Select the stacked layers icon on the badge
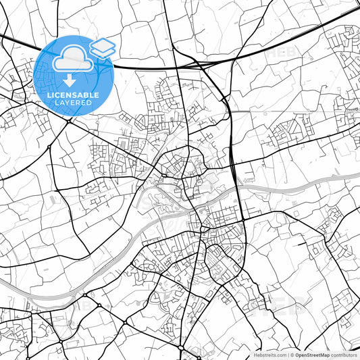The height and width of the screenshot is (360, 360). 103,49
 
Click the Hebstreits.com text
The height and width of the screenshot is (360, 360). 268,355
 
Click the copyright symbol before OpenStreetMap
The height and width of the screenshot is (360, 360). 291,355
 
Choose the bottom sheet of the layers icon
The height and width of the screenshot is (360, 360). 103,53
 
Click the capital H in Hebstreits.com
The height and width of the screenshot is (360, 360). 255,355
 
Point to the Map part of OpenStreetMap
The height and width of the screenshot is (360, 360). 325,355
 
